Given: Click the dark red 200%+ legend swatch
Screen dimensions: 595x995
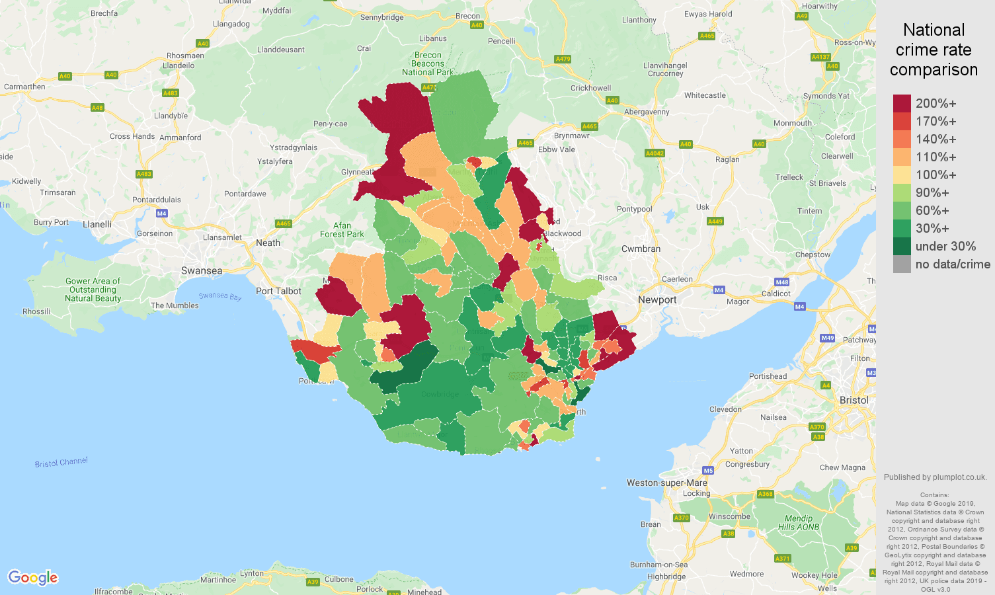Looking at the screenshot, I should (x=902, y=104).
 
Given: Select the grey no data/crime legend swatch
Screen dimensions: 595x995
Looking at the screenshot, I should (x=902, y=264).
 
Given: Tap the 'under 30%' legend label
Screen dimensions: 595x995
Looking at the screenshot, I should (x=945, y=247).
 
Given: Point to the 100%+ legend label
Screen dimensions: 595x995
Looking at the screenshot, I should (x=935, y=175).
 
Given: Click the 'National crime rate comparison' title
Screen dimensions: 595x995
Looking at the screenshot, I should (x=934, y=50).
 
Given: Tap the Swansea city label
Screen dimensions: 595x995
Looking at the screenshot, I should (x=202, y=270).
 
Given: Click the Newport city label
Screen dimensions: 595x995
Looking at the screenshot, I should (x=657, y=299).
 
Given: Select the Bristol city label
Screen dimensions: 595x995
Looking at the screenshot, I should (x=854, y=400).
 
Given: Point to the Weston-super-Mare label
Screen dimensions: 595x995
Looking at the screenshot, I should (x=666, y=483).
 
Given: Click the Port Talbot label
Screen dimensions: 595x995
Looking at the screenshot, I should (x=278, y=291).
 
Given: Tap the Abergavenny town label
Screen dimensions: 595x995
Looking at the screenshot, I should (x=647, y=112).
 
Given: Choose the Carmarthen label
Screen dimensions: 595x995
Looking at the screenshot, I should (x=24, y=87).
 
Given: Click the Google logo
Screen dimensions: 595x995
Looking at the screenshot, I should (x=33, y=578).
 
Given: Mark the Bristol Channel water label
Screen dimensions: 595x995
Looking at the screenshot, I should (x=61, y=462).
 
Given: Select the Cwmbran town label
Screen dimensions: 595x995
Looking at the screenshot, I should (x=641, y=249).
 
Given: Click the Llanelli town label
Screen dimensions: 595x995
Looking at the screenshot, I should (x=97, y=224).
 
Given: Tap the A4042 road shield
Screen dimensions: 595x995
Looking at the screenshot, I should (x=654, y=153).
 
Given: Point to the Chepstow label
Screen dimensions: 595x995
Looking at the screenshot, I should (x=813, y=255).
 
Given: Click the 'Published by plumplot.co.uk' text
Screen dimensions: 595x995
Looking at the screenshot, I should (x=935, y=477).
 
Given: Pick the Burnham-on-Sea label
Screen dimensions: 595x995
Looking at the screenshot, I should (x=658, y=565).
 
